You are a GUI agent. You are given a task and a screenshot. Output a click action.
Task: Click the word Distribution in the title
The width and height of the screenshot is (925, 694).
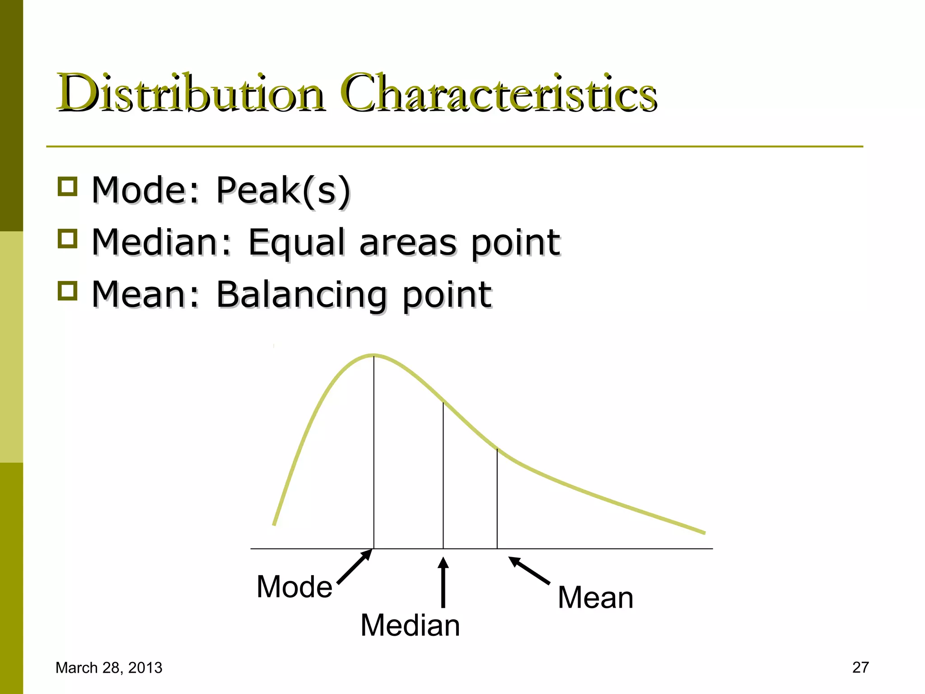coord(190,94)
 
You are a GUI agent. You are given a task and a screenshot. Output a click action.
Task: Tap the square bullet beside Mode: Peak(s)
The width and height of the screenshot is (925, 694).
coord(68,186)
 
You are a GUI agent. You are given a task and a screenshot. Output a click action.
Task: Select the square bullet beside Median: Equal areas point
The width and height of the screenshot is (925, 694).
coord(68,239)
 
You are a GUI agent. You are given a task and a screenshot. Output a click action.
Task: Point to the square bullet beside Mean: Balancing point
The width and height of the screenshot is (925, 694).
coord(68,291)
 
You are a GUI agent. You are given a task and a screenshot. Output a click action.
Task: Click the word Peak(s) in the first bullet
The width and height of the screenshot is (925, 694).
coord(283,190)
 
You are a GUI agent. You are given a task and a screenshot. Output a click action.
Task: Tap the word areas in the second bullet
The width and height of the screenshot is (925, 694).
coord(408,243)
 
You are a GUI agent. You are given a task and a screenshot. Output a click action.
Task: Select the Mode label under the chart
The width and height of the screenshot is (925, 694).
coord(294,587)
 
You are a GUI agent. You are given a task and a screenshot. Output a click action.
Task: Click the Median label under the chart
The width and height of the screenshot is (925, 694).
coord(410,625)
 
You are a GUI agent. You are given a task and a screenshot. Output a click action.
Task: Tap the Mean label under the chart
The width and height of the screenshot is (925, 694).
coord(595,597)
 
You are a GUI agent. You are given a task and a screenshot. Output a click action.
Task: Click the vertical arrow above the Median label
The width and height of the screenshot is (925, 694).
coord(443,582)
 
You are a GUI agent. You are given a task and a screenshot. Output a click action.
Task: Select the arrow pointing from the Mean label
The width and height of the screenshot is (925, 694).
coord(529,571)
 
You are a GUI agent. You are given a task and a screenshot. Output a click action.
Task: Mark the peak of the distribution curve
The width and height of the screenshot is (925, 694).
coord(374,355)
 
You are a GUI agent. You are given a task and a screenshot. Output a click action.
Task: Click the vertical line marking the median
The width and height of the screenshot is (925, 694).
coord(443,474)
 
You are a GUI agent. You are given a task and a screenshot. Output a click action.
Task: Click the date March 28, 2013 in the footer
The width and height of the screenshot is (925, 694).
coord(109,668)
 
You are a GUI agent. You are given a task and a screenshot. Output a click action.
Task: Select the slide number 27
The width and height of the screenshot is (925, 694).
coord(860,667)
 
